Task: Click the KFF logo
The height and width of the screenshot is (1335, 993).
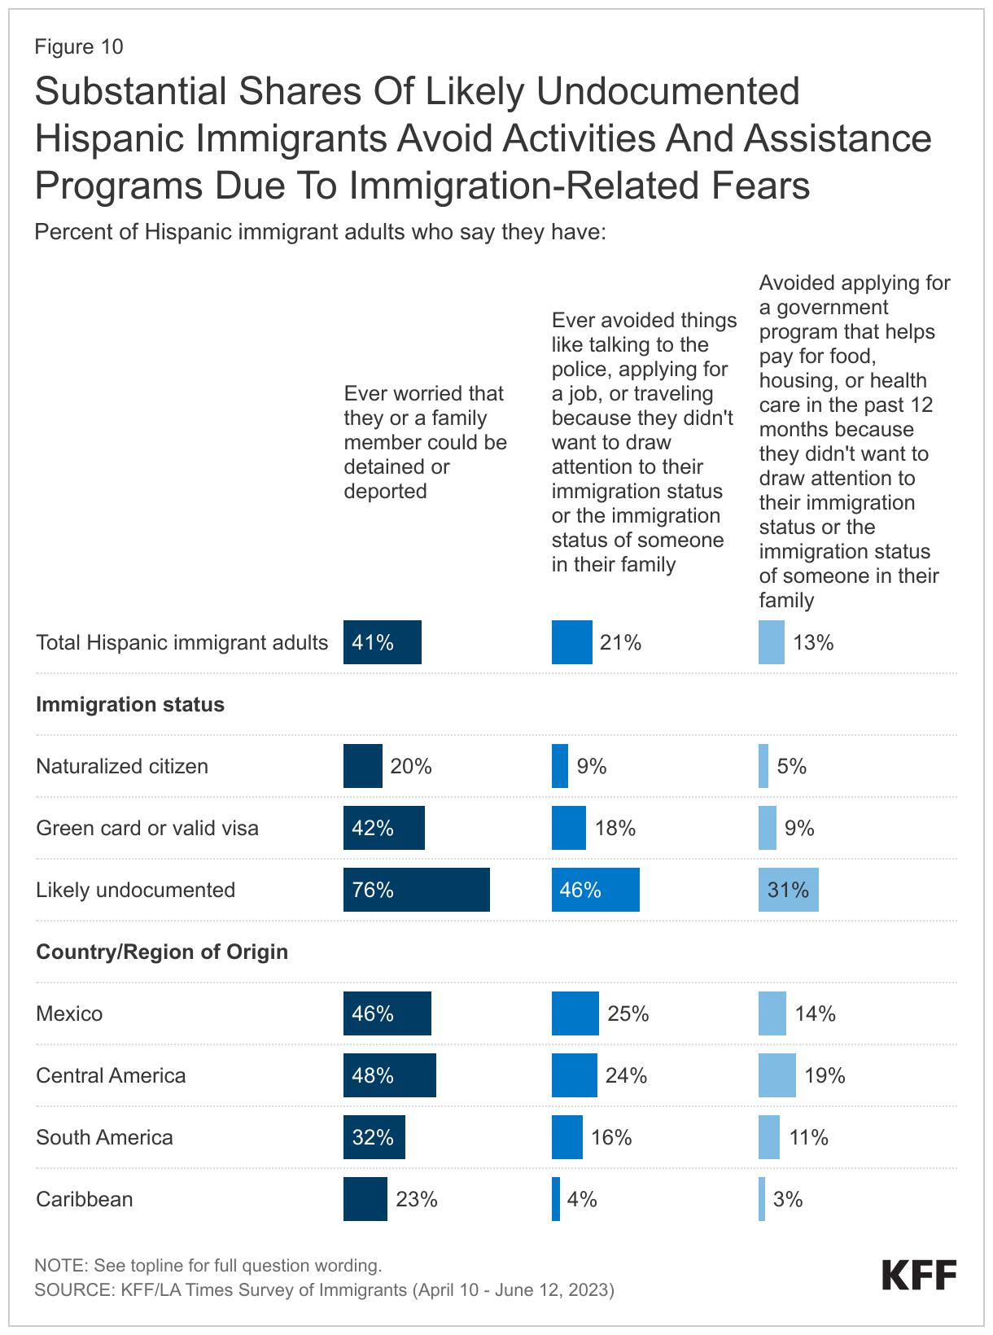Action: click(x=919, y=1276)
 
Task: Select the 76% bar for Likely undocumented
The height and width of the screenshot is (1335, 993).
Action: click(x=416, y=890)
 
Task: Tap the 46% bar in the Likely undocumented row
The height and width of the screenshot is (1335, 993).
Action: click(x=595, y=890)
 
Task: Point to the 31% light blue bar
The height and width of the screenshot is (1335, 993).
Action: click(x=788, y=890)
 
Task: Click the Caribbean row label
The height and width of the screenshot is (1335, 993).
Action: click(x=85, y=1199)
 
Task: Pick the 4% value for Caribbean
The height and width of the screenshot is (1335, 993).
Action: click(x=582, y=1199)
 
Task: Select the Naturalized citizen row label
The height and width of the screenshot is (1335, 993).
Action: click(x=122, y=766)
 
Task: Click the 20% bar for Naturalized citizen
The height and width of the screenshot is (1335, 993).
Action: click(x=362, y=766)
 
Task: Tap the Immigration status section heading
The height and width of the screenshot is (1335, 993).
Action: click(x=130, y=704)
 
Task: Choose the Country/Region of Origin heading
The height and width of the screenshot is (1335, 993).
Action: click(x=162, y=952)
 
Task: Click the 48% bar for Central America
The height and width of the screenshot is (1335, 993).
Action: click(x=389, y=1075)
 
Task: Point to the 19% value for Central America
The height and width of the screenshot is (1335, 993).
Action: click(x=825, y=1075)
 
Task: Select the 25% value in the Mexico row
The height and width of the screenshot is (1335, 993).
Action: click(x=628, y=1013)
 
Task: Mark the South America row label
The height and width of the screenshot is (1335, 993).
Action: click(x=104, y=1137)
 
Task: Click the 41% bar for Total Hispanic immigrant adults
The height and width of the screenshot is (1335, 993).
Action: click(x=382, y=642)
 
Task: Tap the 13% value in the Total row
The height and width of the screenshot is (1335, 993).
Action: click(x=813, y=642)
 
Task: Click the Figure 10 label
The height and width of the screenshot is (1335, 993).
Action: click(x=79, y=46)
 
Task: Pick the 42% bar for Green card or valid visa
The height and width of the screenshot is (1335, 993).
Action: click(x=383, y=828)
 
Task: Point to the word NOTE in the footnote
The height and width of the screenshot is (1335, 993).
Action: click(x=61, y=1266)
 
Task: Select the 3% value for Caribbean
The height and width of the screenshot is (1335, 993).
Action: click(x=788, y=1199)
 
